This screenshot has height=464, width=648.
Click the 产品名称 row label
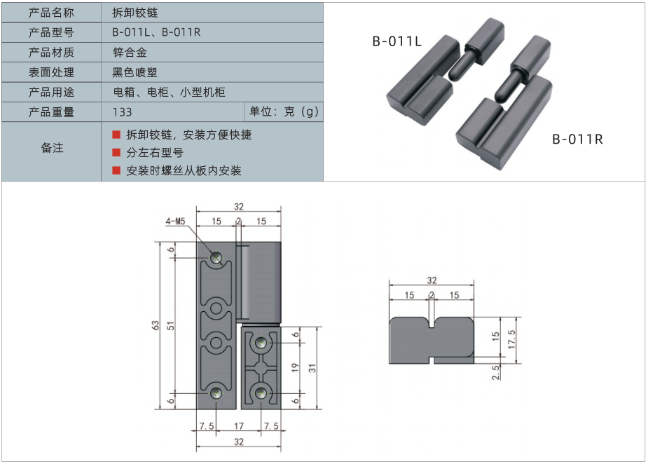click(51, 13)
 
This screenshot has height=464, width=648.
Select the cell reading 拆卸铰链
click(139, 13)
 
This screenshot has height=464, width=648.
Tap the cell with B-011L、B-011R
click(156, 32)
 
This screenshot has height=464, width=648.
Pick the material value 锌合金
click(130, 52)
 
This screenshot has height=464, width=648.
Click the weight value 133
click(122, 112)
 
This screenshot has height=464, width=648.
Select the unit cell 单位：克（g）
click(284, 112)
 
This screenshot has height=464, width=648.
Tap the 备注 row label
click(51, 148)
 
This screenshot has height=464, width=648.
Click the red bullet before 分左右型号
click(116, 152)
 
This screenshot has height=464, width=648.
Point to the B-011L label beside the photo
click(397, 42)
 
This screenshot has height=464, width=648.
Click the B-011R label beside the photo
click(577, 139)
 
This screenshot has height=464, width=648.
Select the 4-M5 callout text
click(175, 221)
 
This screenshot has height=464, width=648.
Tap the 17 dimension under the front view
click(239, 426)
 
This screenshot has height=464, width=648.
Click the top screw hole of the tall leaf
click(216, 257)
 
